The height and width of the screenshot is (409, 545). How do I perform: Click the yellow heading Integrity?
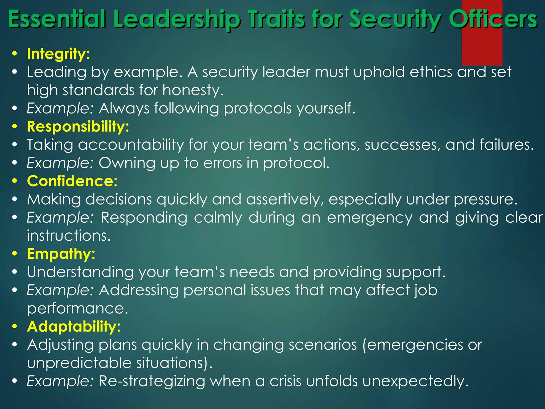59,54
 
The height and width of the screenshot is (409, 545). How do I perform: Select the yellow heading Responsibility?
78,126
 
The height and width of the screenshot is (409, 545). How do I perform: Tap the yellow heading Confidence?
72,181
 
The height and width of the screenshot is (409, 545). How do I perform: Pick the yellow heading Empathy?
61,254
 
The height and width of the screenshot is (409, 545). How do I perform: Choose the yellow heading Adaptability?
74,326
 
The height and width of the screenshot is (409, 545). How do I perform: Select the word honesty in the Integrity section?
191,90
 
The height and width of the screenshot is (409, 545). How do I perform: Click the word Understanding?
80,272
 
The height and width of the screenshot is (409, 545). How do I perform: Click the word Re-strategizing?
152,381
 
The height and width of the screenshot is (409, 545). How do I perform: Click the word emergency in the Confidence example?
370,218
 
